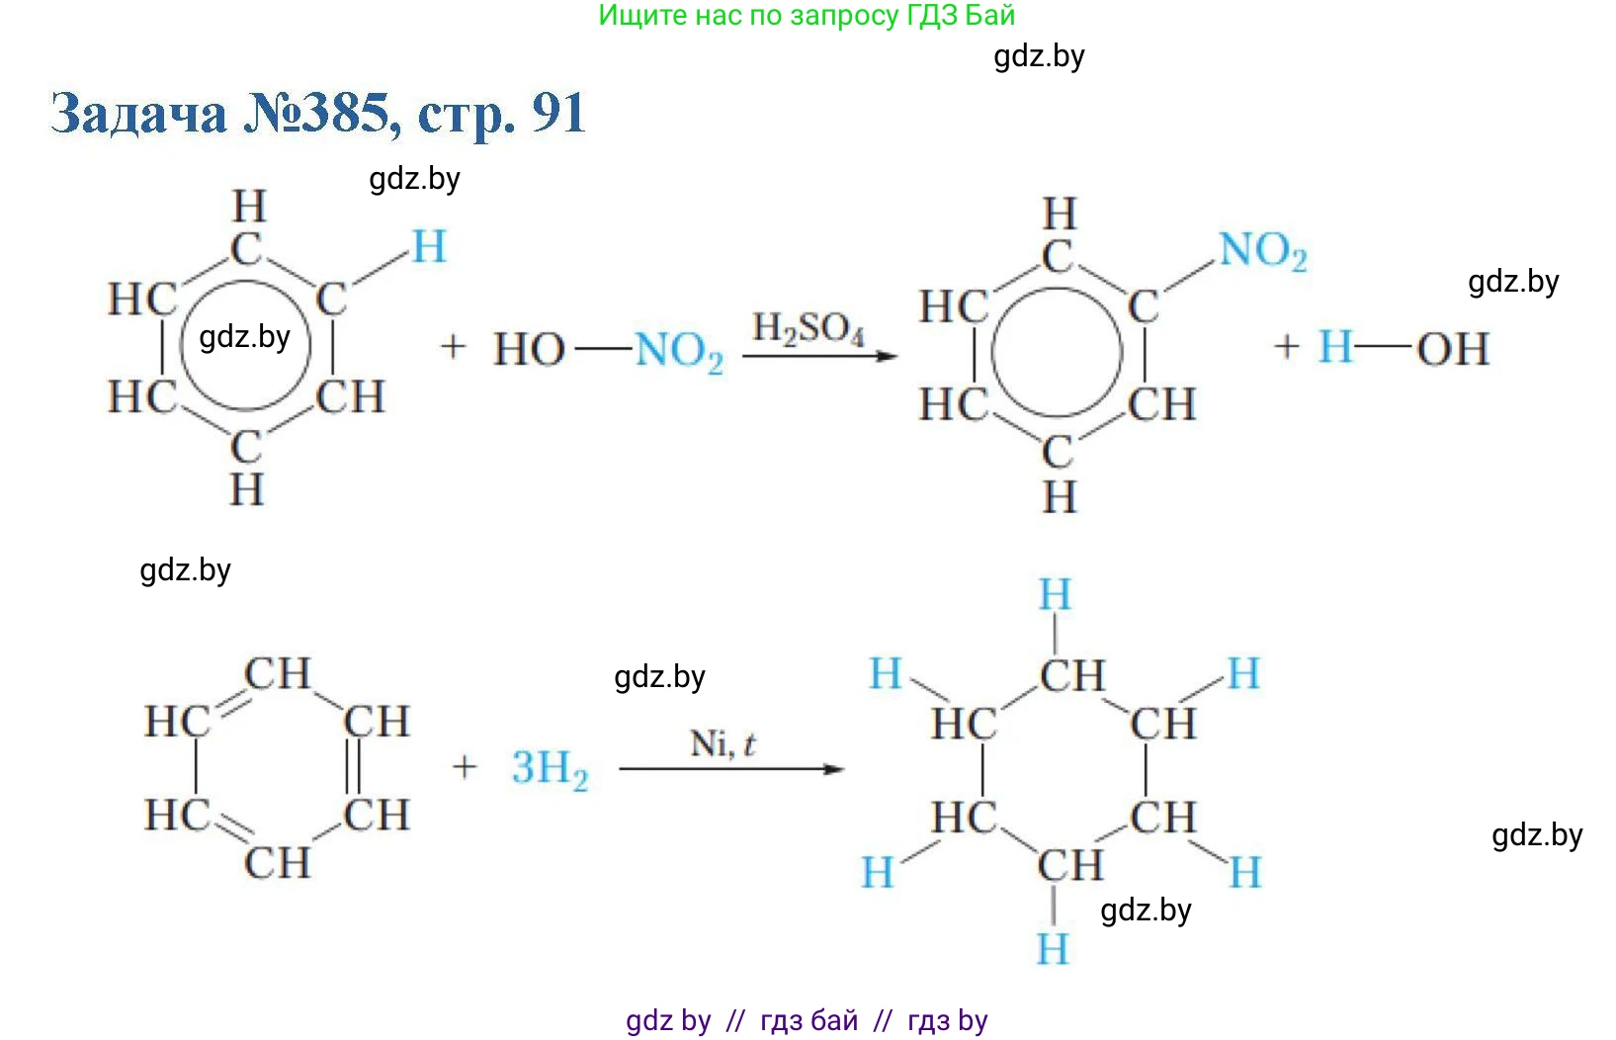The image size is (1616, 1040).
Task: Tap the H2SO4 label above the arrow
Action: coord(808,329)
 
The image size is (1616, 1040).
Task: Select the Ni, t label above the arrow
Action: coord(723,744)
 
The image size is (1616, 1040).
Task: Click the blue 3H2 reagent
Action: coord(550,769)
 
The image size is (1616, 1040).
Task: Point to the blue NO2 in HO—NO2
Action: coord(679,352)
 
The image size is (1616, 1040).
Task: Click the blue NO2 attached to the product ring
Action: coord(1262,251)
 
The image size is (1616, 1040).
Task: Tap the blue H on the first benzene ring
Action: coord(429,247)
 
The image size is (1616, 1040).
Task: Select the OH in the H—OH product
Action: coord(1452,349)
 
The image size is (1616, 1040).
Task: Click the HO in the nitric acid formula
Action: coord(529,349)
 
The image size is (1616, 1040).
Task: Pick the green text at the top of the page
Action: coord(807,15)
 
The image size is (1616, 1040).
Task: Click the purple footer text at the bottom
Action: coord(807,1020)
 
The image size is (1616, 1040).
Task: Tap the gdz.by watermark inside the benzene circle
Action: coord(244,337)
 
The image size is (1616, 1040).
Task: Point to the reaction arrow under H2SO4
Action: coord(820,356)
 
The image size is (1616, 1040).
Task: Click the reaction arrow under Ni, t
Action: coord(731,769)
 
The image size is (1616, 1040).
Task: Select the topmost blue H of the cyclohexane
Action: coord(1055,595)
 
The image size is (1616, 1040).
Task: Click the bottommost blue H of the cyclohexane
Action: coord(1053,948)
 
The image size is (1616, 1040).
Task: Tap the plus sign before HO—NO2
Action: coord(453,347)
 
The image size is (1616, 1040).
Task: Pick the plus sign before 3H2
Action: coord(465,766)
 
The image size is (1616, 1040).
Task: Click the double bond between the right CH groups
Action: coord(353,767)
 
